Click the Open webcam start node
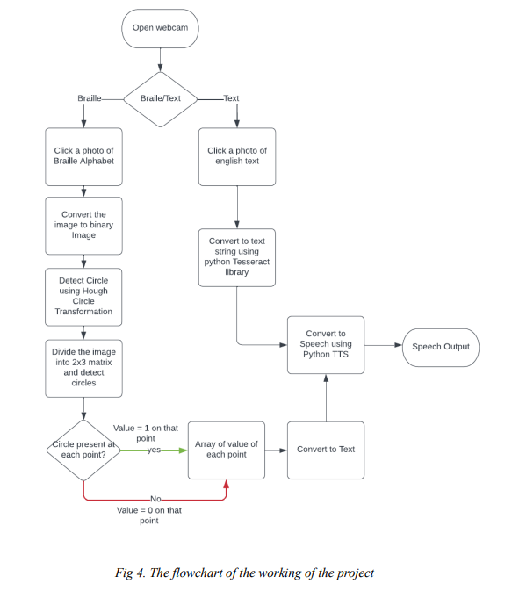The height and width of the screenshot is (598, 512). pos(160,28)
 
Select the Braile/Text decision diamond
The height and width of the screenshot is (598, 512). pos(161,98)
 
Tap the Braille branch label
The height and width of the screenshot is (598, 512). pos(90,98)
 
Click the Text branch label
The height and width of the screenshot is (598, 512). pos(231,98)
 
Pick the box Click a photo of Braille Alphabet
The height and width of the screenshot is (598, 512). pos(83,156)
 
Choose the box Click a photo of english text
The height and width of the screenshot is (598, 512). pos(237,156)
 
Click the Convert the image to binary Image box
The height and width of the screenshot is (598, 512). pos(83,225)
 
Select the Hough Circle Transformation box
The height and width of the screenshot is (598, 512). pos(83,296)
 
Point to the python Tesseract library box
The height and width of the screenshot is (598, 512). pos(237,256)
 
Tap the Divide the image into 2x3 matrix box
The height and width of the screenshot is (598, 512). pos(83,367)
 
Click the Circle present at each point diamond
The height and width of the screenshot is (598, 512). pos(83,450)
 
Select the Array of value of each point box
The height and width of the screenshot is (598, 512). pos(227,450)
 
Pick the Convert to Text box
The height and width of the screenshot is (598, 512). pos(326,450)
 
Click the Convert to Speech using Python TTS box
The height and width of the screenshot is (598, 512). pos(326,345)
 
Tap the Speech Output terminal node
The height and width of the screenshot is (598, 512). pos(441,346)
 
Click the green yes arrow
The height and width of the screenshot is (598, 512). pos(158,450)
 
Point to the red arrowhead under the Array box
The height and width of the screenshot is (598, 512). pos(227,484)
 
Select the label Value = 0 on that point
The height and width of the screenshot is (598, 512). pos(149,515)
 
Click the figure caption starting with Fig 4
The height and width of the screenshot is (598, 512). pos(244,573)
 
